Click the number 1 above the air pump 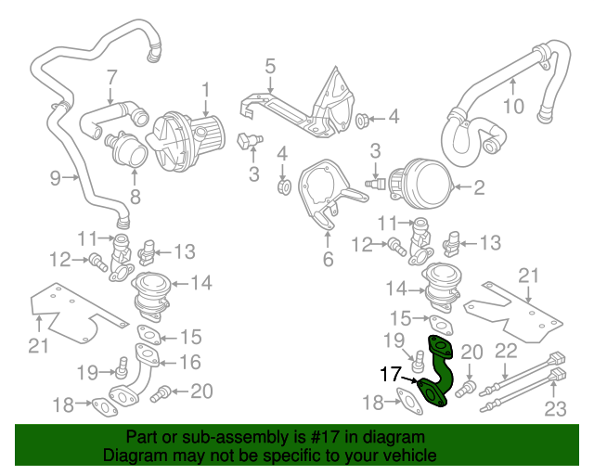coord(205,91)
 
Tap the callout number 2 coord(479,188)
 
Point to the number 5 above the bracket coord(270,66)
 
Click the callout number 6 coord(328,260)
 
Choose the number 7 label coord(110,77)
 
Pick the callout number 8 coord(136,197)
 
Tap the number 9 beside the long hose coord(55,176)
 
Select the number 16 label coord(190,362)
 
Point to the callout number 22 coord(506,350)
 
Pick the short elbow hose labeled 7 coord(109,120)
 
